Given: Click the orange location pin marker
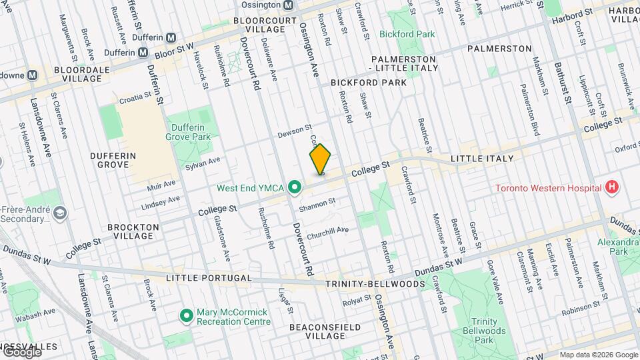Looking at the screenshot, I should (x=320, y=160).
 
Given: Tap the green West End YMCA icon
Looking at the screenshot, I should (x=293, y=189).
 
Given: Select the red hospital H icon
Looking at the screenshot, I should (x=611, y=188).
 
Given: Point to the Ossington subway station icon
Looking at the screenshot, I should (x=288, y=5).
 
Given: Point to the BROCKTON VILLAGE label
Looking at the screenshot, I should (x=136, y=231).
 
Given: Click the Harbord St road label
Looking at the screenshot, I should (x=573, y=13).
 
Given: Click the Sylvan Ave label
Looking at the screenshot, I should (x=203, y=162).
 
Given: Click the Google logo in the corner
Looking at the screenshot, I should (x=21, y=352).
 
